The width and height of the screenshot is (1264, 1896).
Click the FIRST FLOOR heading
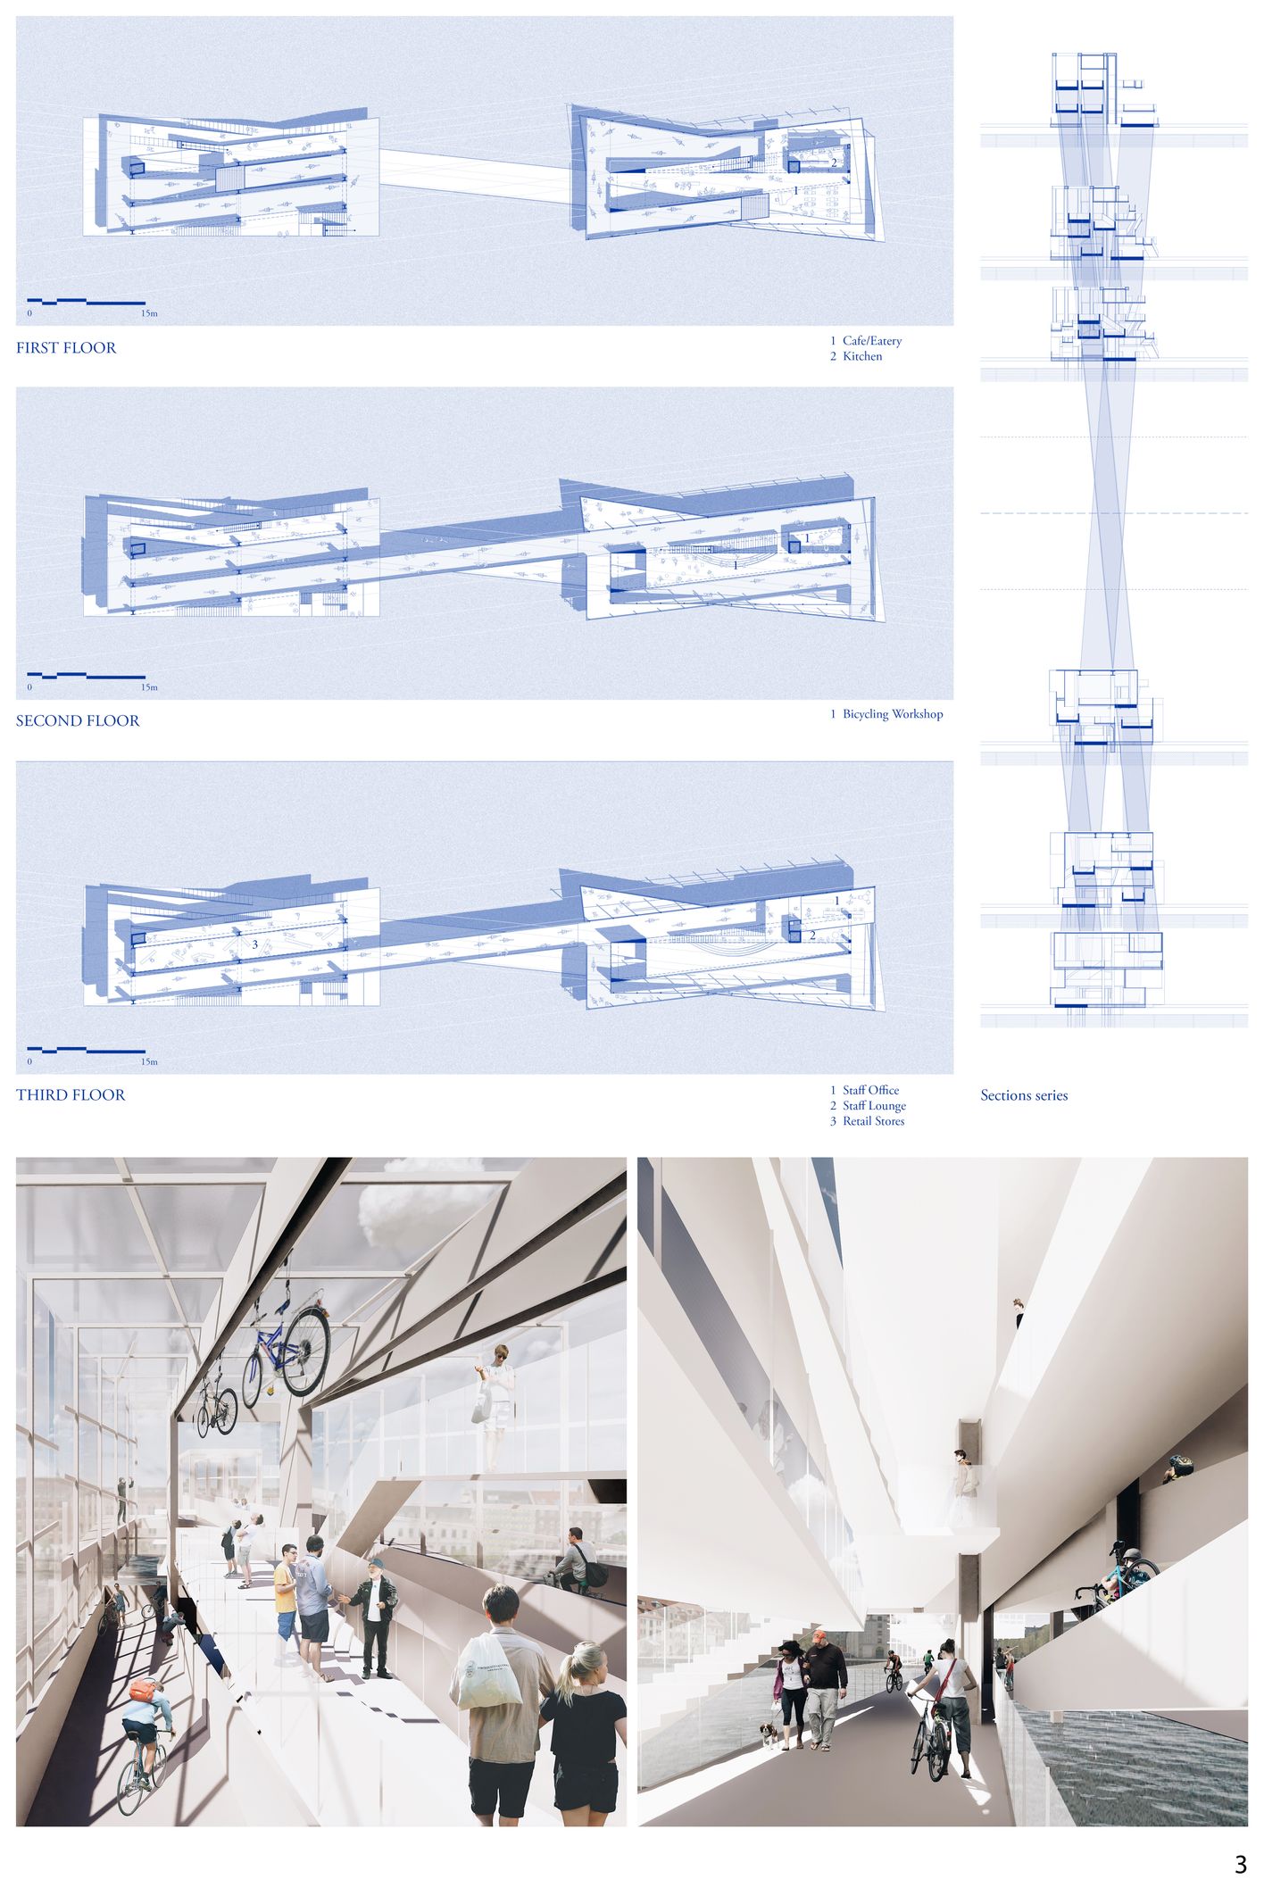[66, 348]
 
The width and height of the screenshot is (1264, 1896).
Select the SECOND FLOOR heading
[78, 721]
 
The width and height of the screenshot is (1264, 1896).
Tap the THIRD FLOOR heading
[71, 1095]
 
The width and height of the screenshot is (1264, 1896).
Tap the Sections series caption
[1024, 1095]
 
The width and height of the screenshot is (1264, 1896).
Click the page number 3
[1240, 1864]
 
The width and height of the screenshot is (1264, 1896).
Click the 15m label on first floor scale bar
[149, 314]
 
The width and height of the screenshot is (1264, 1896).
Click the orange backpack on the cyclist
[143, 1690]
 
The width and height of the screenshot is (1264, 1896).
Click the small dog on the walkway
[767, 1734]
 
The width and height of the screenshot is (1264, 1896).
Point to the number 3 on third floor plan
[255, 944]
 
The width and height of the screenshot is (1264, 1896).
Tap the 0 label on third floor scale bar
[29, 1062]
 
